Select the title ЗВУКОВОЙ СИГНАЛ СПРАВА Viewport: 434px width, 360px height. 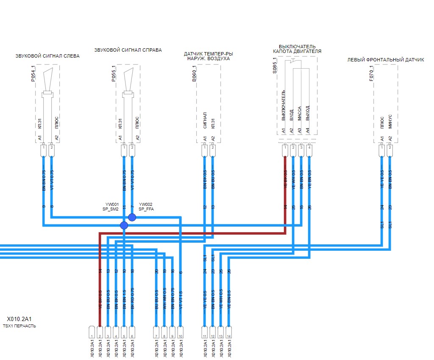[128, 50]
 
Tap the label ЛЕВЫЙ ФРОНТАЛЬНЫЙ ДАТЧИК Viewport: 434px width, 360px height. [385, 60]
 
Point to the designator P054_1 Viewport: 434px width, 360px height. [33, 73]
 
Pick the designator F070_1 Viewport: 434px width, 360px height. [371, 73]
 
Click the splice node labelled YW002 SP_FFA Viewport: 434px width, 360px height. [132, 217]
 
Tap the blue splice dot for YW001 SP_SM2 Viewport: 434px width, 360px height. [124, 225]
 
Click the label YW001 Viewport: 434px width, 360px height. [112, 204]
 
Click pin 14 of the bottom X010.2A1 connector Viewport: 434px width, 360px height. [229, 331]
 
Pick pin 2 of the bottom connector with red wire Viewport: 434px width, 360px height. [100, 331]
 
